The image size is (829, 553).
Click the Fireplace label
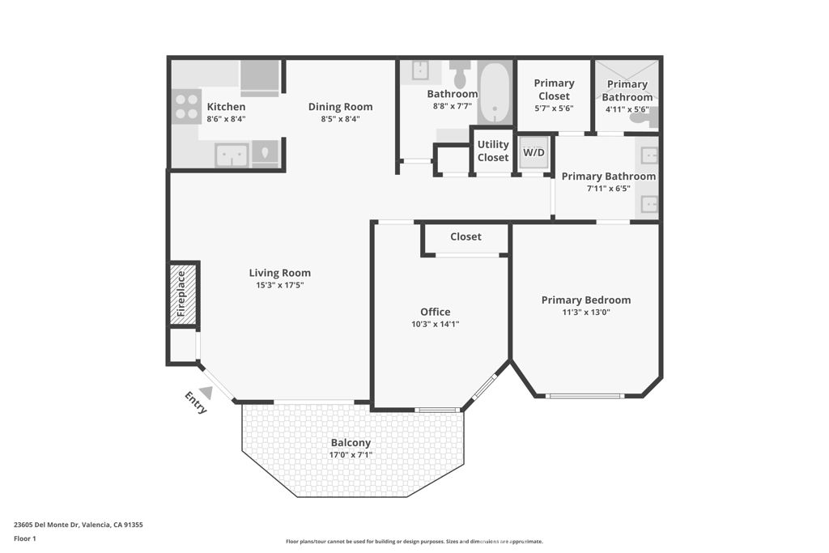point(181,293)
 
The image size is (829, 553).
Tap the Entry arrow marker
point(206,393)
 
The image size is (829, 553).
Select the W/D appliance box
point(534,152)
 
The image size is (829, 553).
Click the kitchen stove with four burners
point(186,106)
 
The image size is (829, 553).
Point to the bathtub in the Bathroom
point(494,93)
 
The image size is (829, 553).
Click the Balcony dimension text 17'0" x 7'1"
point(351,455)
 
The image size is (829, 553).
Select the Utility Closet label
point(493,151)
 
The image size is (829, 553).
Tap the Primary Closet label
point(554,89)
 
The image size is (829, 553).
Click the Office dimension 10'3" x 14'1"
point(435,324)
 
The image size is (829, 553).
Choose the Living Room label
point(279,273)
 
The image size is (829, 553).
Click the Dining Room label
point(340,106)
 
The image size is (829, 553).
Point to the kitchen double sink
point(232,154)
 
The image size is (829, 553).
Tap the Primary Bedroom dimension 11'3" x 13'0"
point(585,312)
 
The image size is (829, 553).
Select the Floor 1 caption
point(25,538)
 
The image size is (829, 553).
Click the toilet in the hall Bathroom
point(460,75)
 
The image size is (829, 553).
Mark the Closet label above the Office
point(466,236)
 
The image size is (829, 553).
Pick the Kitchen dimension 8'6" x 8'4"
point(226,118)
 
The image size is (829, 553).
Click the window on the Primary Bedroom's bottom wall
point(585,396)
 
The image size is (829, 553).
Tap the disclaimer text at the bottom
point(414,542)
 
